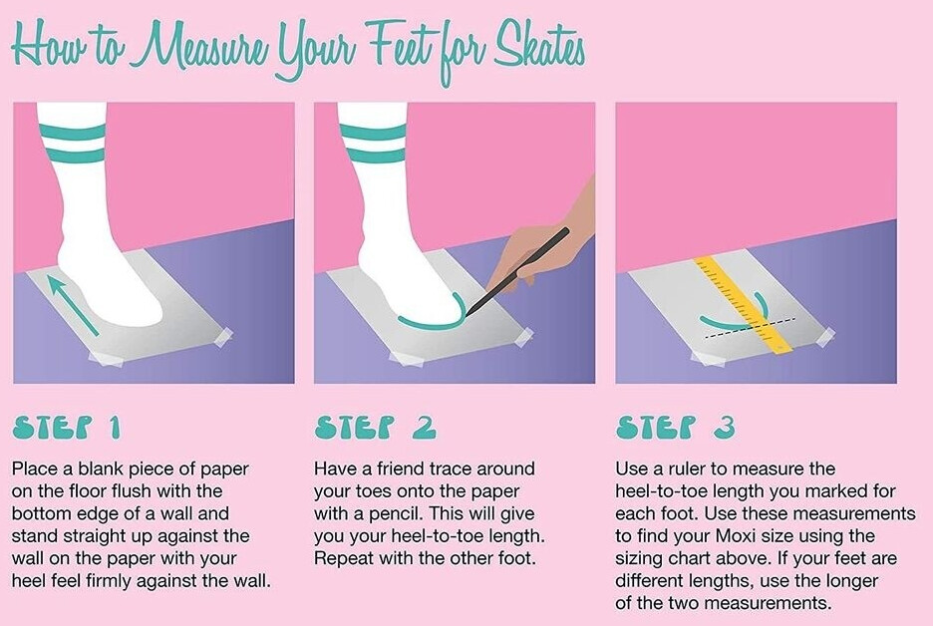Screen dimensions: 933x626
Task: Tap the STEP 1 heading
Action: (x=66, y=427)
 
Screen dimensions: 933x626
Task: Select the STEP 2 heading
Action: (x=375, y=427)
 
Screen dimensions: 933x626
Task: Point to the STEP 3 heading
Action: (x=676, y=427)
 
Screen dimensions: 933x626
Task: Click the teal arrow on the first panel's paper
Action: (x=73, y=304)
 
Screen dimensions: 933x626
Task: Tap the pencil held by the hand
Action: (x=517, y=271)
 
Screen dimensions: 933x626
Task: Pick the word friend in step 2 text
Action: (x=407, y=469)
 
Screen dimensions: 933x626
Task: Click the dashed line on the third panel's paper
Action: (x=750, y=329)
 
